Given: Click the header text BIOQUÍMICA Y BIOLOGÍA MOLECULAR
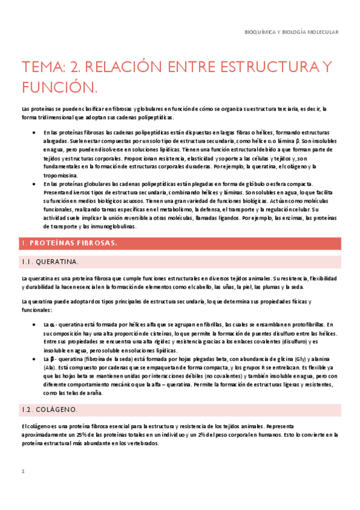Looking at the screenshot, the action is (293, 32).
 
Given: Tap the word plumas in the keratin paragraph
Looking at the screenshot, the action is (265, 287).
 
